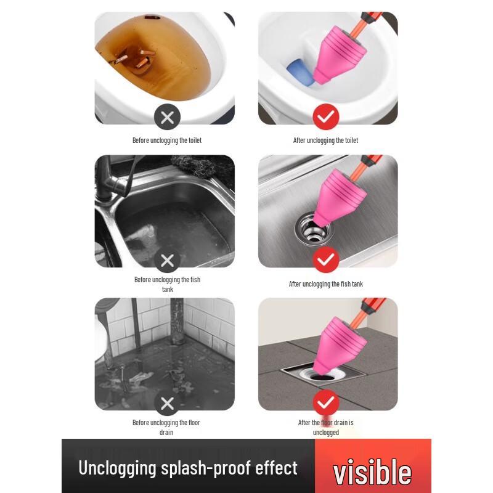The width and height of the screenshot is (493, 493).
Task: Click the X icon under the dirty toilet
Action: [167, 116]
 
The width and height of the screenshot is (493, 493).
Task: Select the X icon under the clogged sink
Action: [167, 261]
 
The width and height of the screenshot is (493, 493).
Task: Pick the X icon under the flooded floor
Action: [167, 404]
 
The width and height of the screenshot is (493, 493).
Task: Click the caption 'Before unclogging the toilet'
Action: [167, 141]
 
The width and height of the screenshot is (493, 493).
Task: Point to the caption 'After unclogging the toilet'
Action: [325, 141]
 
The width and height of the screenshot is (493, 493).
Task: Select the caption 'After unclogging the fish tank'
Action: [326, 284]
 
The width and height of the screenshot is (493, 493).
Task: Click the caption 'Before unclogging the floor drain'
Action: [166, 427]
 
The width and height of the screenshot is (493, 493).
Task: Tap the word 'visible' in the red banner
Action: [372, 471]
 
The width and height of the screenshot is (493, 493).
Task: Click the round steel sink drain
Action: [313, 231]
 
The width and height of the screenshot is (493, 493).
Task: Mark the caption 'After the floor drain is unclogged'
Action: [326, 427]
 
